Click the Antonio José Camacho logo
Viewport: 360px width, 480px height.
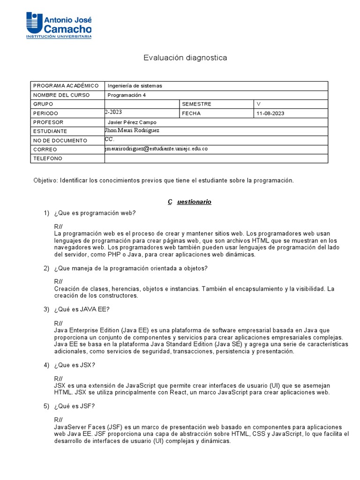(59, 25)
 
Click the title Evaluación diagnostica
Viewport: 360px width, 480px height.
(185, 58)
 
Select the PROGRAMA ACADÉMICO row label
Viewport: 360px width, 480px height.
(66, 86)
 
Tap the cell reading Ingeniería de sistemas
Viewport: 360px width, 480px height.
(135, 86)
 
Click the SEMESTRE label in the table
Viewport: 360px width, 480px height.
(197, 104)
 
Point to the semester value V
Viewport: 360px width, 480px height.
(258, 104)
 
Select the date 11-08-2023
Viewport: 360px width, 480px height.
(270, 113)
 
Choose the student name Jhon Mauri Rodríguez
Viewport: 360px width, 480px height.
(133, 131)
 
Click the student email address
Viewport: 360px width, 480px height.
(156, 149)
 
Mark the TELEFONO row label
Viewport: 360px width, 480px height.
(47, 158)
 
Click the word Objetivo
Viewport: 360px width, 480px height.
(45, 180)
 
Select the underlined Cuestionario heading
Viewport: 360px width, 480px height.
(189, 202)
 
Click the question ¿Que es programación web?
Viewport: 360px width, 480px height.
(95, 213)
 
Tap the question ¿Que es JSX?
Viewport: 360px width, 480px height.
(78, 365)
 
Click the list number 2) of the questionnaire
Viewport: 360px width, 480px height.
(46, 269)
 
